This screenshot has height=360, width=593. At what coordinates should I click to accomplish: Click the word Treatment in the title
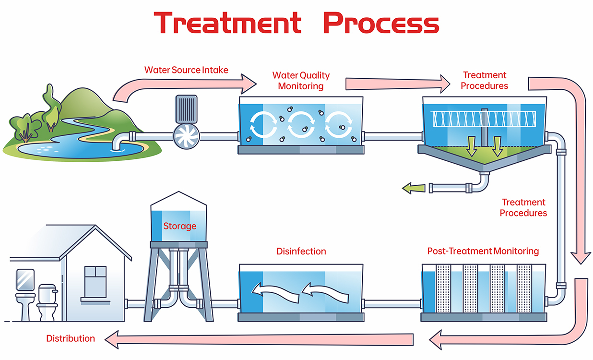coord(227,23)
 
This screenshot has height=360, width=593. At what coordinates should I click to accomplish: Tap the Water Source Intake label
coord(186,70)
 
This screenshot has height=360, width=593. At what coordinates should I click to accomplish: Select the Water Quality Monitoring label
coord(301,81)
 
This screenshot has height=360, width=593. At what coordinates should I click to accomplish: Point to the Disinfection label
coord(301,251)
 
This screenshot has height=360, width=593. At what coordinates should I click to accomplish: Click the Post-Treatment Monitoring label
coord(483,251)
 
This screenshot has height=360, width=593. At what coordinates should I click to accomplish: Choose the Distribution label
coord(71,338)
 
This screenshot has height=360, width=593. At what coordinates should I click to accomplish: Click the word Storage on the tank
coord(179,226)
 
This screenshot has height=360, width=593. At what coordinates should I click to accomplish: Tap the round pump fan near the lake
coord(187,136)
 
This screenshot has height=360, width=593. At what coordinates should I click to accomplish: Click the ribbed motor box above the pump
coord(187,108)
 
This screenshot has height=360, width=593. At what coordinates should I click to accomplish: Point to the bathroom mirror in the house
coord(25,279)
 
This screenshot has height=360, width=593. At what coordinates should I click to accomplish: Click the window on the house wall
coord(95,281)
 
